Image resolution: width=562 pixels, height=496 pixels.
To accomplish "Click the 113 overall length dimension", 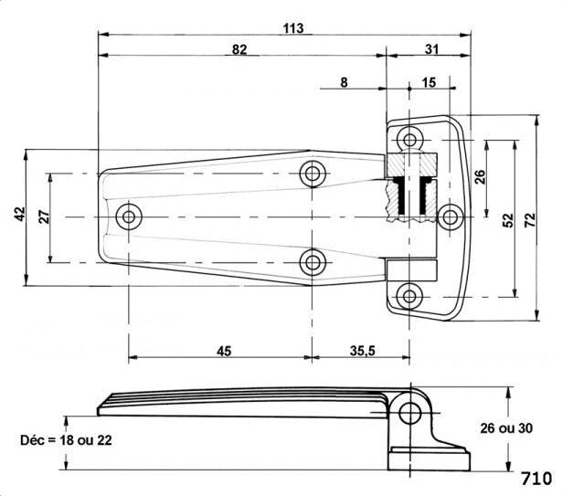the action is pos(293,28).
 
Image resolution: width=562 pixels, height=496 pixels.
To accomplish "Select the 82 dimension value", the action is pos(239,49).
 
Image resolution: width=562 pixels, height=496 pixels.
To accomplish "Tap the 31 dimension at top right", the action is pos(431,49).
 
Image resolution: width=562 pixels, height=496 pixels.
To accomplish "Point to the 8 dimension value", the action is pos(344,82).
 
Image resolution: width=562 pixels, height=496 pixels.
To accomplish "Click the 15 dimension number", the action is pos(429,82).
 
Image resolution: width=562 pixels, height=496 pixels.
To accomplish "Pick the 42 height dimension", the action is pos(21,214).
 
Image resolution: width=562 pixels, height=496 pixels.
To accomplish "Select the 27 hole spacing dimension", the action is pos(45,216).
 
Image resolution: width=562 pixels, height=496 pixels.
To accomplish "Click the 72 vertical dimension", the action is pos(530,220).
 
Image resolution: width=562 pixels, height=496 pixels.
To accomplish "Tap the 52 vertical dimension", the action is pos(508,220).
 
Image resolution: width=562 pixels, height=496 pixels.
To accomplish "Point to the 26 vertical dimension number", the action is pos(480,177).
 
